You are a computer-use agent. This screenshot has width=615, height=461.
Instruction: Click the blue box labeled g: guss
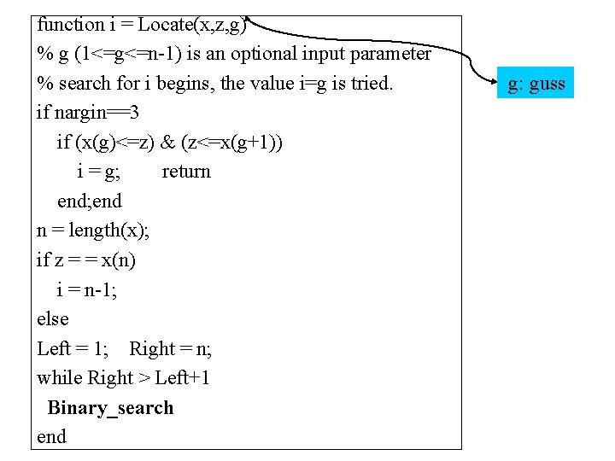coord(536,83)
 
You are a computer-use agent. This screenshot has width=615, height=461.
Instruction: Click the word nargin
coord(83,113)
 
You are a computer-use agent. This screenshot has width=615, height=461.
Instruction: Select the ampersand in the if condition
coord(167,143)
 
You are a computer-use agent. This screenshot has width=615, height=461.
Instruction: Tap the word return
coord(185,172)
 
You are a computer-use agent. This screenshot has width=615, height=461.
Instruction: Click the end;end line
coord(89,201)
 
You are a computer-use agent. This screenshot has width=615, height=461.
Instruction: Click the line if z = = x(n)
coord(85,260)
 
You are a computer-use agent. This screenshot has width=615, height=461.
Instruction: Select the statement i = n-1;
coord(86,289)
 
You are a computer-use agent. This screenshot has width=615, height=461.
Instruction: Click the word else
coord(52,318)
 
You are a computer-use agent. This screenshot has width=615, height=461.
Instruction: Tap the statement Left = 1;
coord(73,348)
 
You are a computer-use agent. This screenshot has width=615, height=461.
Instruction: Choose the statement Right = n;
coord(170,348)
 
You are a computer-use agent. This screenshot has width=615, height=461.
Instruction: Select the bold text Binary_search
coord(110,407)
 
